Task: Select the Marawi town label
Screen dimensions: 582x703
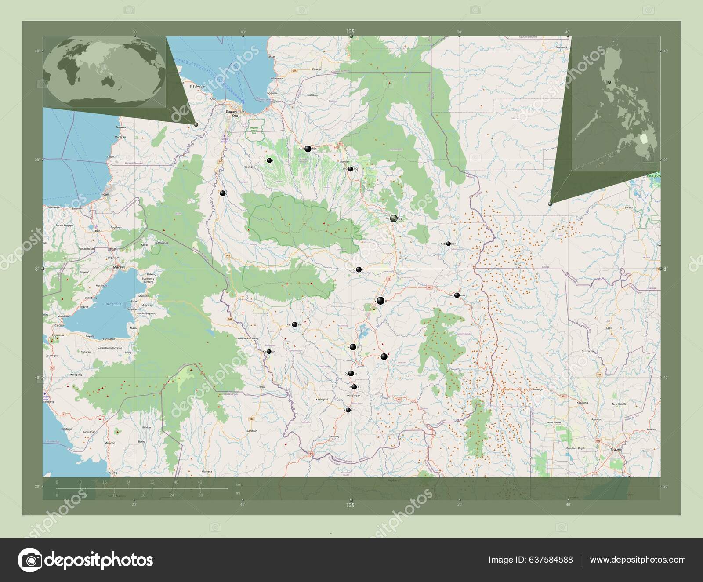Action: tap(119, 267)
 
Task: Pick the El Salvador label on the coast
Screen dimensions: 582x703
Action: tap(197, 87)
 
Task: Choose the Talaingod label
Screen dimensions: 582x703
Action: tap(538, 389)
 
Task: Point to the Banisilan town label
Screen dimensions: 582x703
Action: tap(251, 432)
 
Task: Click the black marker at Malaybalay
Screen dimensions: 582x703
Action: tap(394, 218)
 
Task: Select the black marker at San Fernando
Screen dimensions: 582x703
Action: tap(457, 295)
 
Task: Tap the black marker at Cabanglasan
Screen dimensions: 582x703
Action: tap(448, 244)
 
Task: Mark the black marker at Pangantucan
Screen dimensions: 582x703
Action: tap(294, 325)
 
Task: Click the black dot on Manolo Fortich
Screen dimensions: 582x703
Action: tap(308, 149)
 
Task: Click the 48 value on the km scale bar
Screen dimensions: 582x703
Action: tap(200, 482)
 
